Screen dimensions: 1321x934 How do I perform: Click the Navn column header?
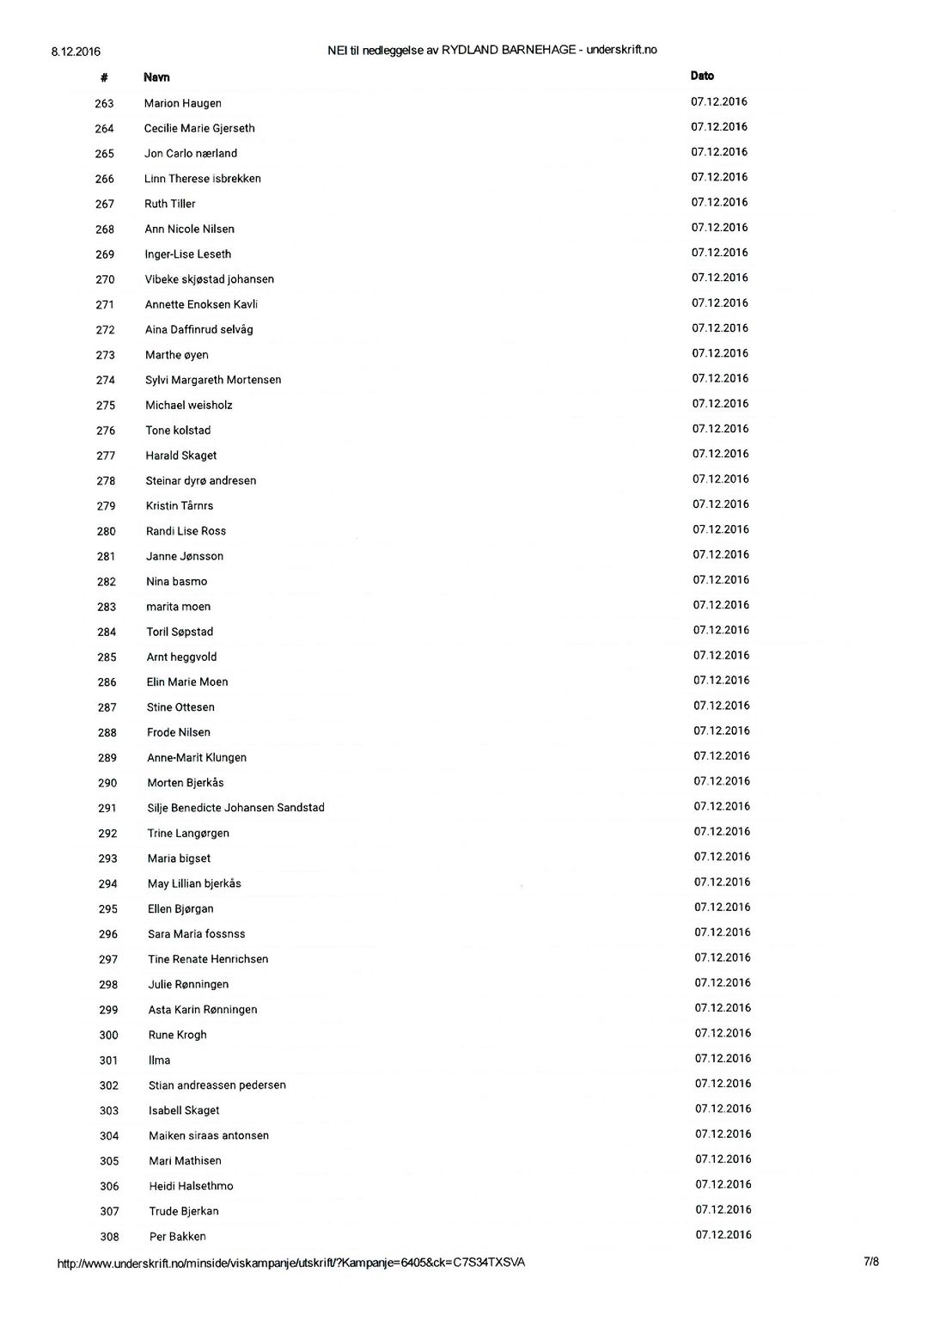pos(156,77)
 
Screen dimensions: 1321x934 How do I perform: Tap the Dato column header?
pos(702,76)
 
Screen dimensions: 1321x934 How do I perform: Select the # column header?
pos(104,77)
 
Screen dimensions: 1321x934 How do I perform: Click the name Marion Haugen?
pos(183,103)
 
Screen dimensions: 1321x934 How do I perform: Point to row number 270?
pos(105,279)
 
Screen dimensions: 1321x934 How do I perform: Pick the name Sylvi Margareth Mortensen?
pos(213,380)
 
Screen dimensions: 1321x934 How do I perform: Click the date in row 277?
pos(720,454)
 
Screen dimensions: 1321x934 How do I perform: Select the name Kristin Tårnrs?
pos(180,506)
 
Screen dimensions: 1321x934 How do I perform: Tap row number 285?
pos(107,657)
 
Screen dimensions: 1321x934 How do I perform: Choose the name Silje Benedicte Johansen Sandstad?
pos(235,808)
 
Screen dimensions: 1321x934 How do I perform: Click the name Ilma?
pos(159,1061)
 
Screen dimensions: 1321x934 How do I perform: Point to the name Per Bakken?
pos(178,1237)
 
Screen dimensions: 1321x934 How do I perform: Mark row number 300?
pos(108,1036)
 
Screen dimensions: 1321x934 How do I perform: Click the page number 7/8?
pos(871,1262)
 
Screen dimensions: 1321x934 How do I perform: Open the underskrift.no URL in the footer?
pos(290,1263)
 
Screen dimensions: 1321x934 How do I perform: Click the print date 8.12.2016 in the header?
pos(76,52)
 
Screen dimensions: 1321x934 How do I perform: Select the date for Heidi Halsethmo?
pos(723,1184)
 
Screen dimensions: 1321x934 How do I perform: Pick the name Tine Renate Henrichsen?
pos(208,959)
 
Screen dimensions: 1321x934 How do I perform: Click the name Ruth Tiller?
pos(170,205)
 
